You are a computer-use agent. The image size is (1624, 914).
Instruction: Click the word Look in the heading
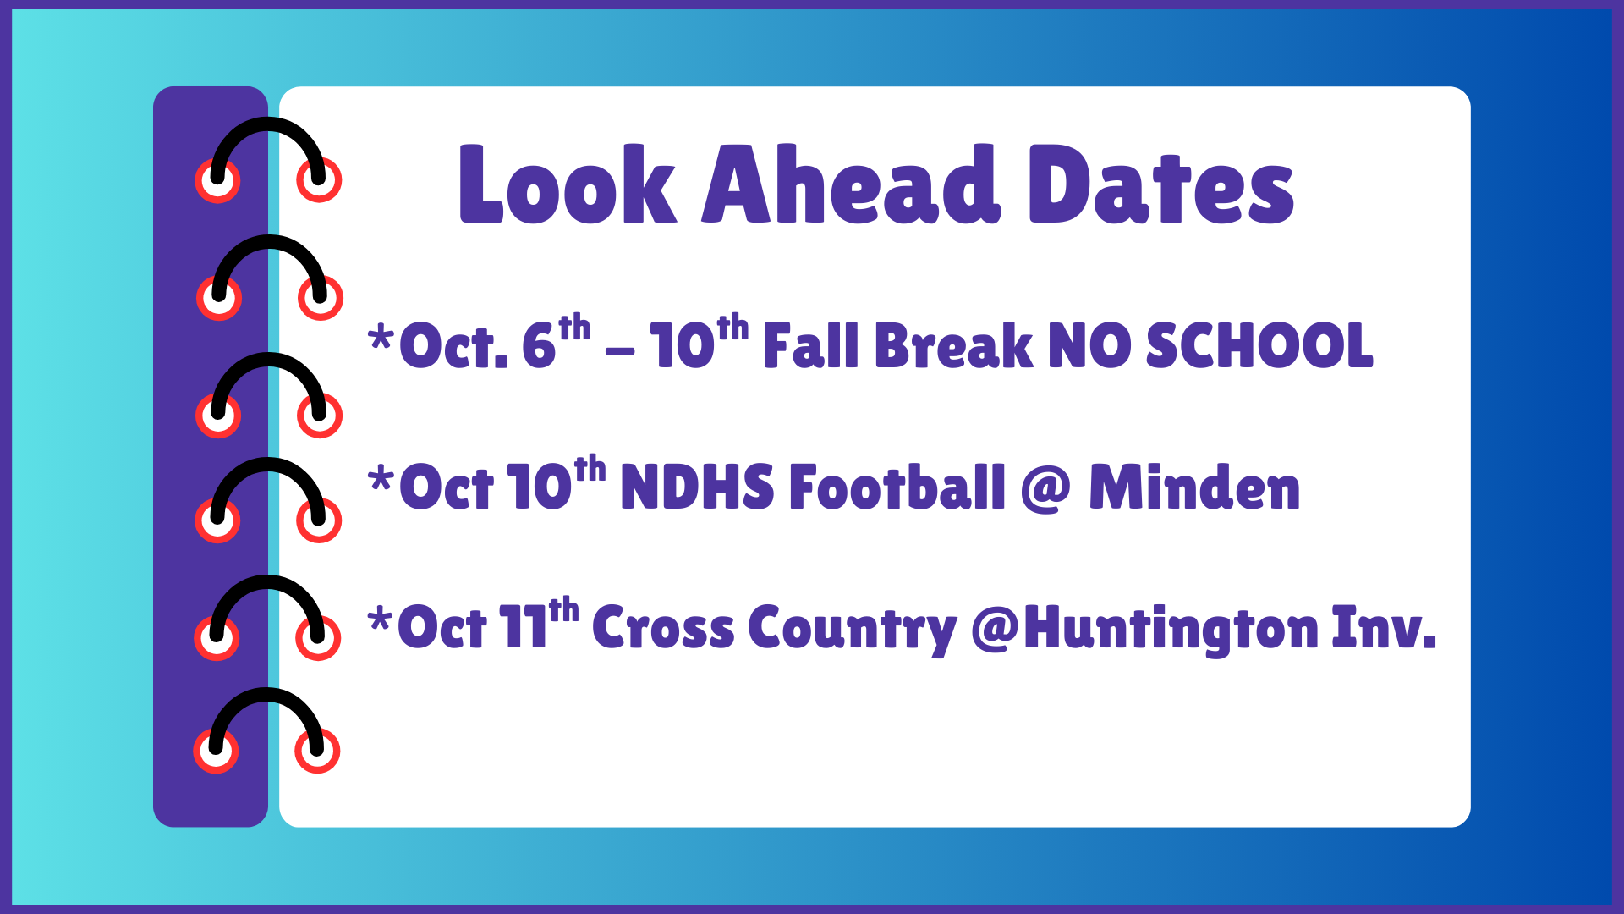(x=567, y=184)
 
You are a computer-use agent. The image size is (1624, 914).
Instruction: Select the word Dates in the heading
(x=1160, y=184)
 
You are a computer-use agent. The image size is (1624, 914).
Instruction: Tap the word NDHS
(x=697, y=487)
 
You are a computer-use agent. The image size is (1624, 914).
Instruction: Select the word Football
(x=897, y=487)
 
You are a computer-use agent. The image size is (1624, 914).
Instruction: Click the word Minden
(x=1193, y=487)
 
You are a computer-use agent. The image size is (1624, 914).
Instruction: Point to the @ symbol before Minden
(x=1045, y=489)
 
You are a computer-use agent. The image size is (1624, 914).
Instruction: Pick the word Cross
(x=663, y=628)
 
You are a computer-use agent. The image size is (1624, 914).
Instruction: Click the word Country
(x=852, y=630)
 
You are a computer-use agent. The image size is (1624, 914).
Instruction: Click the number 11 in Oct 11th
(x=523, y=628)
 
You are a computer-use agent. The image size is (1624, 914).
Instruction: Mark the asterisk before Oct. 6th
(x=381, y=339)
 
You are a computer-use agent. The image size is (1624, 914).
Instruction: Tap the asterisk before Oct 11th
(x=381, y=621)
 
